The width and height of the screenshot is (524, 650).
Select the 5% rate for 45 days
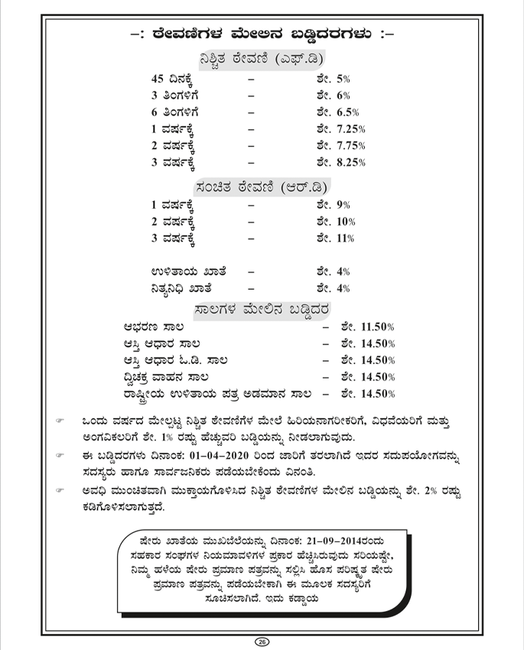(343, 78)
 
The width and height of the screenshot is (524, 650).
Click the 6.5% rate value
(347, 112)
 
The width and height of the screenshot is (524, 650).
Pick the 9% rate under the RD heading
(343, 205)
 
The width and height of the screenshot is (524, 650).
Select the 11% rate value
(346, 239)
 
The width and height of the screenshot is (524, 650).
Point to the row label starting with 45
(178, 79)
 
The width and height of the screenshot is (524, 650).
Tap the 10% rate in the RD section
(346, 222)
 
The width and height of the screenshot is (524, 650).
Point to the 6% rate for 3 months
(343, 95)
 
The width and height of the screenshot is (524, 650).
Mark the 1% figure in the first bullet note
(209, 436)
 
